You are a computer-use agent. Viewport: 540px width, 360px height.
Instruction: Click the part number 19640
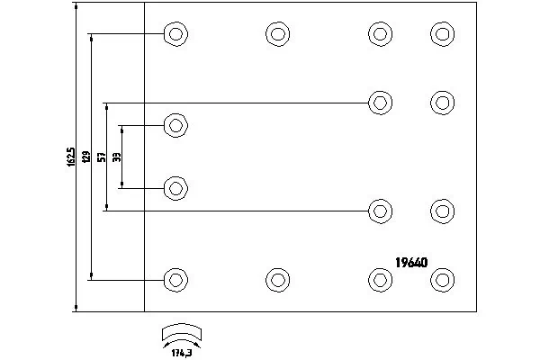click(x=411, y=264)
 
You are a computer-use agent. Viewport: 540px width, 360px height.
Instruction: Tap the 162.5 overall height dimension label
click(x=71, y=157)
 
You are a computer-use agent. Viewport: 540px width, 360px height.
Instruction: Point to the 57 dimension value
click(x=102, y=157)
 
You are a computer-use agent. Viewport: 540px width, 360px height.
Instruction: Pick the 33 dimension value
click(x=117, y=157)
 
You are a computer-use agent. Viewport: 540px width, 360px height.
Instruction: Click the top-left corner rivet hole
click(x=175, y=35)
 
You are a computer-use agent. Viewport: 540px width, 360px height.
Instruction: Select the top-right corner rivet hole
click(x=442, y=34)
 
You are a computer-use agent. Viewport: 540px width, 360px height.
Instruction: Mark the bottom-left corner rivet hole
click(x=175, y=278)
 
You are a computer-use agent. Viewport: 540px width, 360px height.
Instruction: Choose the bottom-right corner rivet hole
click(x=442, y=278)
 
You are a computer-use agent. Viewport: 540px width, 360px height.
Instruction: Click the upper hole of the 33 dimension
click(x=175, y=125)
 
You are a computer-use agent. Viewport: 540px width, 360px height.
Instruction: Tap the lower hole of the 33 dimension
click(x=175, y=188)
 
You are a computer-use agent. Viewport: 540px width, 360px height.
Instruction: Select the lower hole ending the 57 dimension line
click(x=380, y=211)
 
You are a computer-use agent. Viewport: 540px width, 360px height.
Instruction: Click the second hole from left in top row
click(x=278, y=35)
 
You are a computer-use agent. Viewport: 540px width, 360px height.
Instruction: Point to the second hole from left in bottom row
click(x=278, y=278)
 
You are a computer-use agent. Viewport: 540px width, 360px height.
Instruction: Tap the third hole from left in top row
click(x=380, y=34)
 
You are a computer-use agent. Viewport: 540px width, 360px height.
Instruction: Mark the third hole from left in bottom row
click(x=380, y=278)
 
